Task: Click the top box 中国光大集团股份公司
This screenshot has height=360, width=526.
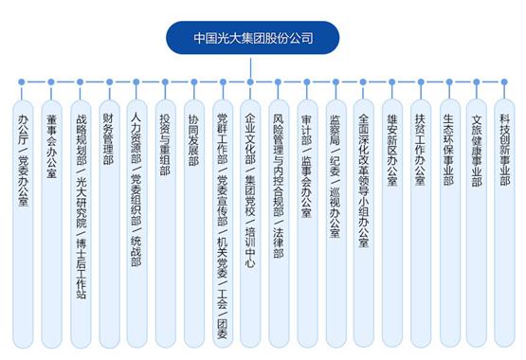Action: pyautogui.click(x=253, y=38)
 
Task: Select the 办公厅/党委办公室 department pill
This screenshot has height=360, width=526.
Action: pyautogui.click(x=23, y=224)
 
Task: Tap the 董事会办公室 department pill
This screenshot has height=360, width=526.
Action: pyautogui.click(x=51, y=224)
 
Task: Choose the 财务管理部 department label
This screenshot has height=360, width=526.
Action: pyautogui.click(x=108, y=139)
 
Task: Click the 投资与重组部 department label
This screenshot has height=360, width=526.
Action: pyautogui.click(x=165, y=144)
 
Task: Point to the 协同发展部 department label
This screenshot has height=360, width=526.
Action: pyautogui.click(x=193, y=140)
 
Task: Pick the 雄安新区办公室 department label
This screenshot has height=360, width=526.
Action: pyautogui.click(x=392, y=150)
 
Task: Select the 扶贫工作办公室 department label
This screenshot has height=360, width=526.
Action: pyautogui.click(x=420, y=150)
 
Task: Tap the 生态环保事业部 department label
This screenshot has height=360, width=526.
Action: pyautogui.click(x=448, y=150)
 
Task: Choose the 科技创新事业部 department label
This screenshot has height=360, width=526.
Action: pyautogui.click(x=505, y=150)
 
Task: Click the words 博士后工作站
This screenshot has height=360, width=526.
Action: pyautogui.click(x=82, y=268)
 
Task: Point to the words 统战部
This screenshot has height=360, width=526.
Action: pyautogui.click(x=136, y=251)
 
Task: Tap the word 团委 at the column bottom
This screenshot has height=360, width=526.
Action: pyautogui.click(x=222, y=329)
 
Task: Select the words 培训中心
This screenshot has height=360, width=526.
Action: pyautogui.click(x=250, y=247)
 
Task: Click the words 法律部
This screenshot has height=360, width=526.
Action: pyautogui.click(x=279, y=243)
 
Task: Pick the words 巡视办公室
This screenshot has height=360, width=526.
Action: pyautogui.click(x=336, y=212)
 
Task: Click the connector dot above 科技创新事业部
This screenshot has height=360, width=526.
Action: pyautogui.click(x=504, y=81)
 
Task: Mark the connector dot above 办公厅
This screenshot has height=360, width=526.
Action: pyautogui.click(x=22, y=81)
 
